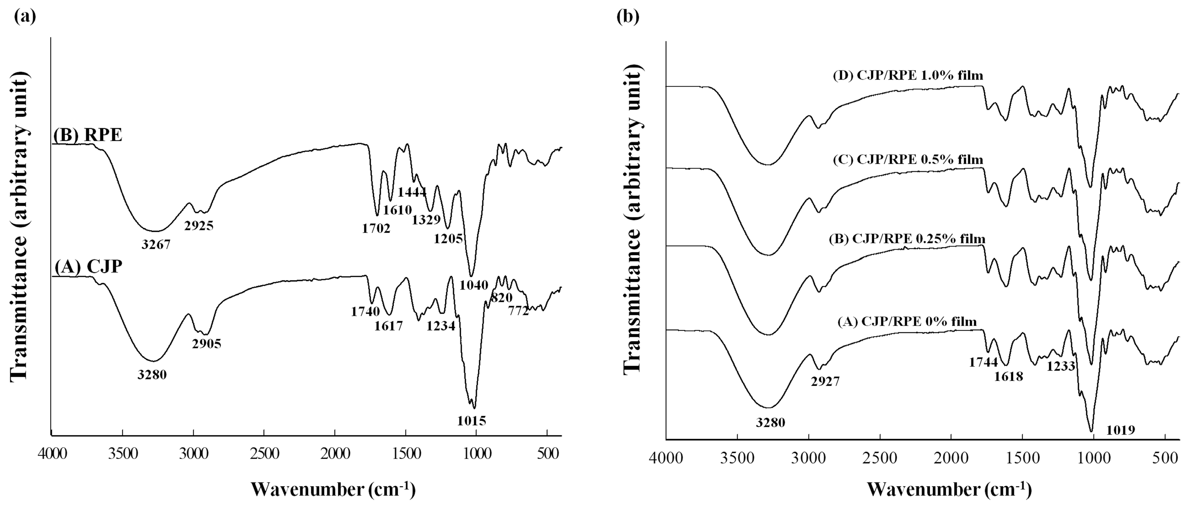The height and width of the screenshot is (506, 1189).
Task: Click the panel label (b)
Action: pyautogui.click(x=628, y=17)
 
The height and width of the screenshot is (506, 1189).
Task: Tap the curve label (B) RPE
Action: pyautogui.click(x=88, y=136)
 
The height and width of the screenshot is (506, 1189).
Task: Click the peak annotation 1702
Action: pyautogui.click(x=376, y=228)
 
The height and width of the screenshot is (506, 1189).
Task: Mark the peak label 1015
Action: pyautogui.click(x=472, y=420)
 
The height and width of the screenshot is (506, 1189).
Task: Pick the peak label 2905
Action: pyautogui.click(x=207, y=344)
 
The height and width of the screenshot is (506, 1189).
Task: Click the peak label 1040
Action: pyautogui.click(x=474, y=285)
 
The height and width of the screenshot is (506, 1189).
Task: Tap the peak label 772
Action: pyautogui.click(x=518, y=311)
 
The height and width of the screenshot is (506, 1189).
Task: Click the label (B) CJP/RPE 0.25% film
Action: pyautogui.click(x=907, y=239)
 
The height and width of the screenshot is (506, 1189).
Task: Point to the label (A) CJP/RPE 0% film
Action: pyautogui.click(x=907, y=321)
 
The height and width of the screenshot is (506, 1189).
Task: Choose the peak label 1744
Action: pyautogui.click(x=983, y=362)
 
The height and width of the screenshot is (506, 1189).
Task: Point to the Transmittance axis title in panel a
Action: pyautogui.click(x=19, y=226)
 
